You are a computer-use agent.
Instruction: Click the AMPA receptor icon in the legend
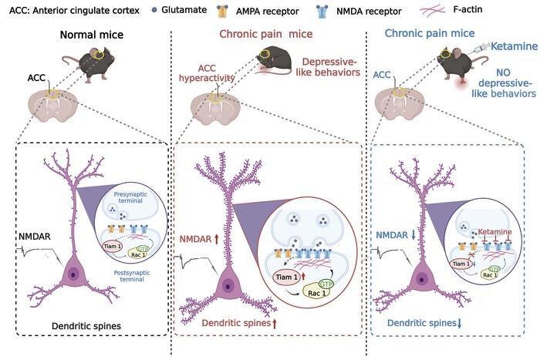[223, 12]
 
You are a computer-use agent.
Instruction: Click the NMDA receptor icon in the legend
[322, 12]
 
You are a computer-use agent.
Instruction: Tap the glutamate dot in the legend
[154, 10]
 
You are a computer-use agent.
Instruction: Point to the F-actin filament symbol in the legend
[434, 11]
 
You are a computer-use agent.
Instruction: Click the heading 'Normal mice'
[92, 35]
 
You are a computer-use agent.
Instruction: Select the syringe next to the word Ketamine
[482, 47]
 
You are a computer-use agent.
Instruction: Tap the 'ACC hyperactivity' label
[207, 73]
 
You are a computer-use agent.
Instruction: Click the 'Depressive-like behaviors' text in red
[328, 67]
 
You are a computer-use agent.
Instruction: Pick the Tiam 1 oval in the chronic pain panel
[286, 278]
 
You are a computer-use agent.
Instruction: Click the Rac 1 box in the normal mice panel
[137, 254]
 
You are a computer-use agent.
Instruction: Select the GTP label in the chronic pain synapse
[326, 284]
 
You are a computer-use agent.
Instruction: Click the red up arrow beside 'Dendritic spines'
[275, 323]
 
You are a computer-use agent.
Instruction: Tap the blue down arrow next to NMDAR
[413, 235]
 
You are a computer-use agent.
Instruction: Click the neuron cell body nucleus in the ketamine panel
[421, 280]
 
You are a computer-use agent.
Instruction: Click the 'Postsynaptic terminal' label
[132, 276]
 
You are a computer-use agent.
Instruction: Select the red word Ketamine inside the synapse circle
[495, 232]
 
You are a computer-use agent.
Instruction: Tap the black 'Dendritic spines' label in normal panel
[86, 326]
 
